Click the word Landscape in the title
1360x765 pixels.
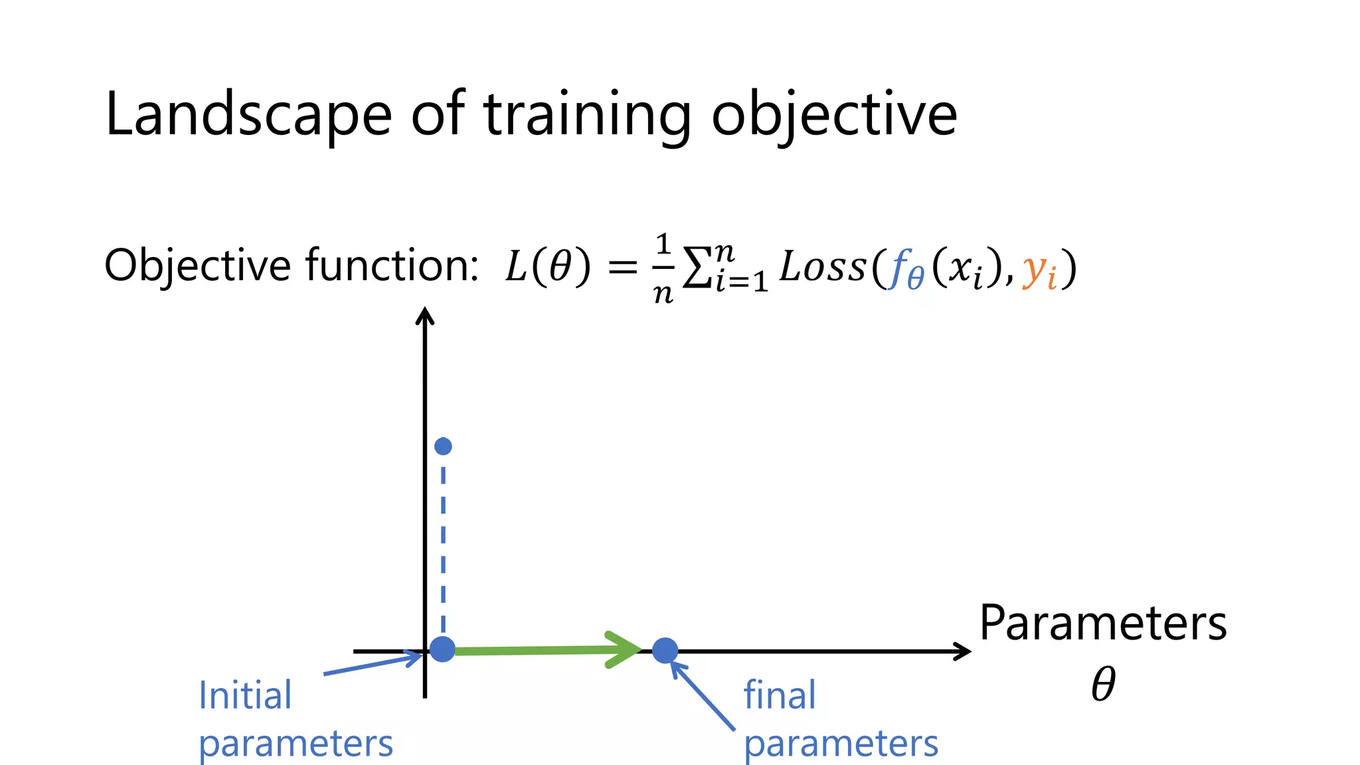pos(248,114)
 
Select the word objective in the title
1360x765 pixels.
pos(834,114)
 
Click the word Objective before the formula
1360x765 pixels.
pos(197,266)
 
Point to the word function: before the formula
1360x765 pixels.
pos(392,266)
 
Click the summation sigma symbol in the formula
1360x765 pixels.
pos(697,267)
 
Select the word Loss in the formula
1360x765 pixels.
pos(823,267)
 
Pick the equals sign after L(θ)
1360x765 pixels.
pos(622,268)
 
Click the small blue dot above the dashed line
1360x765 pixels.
pos(443,446)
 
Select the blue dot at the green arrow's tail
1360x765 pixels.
pos(443,649)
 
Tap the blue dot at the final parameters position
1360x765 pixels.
pos(665,651)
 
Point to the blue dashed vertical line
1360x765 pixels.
pos(443,545)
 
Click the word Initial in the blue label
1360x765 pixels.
pos(245,696)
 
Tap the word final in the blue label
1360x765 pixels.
pos(779,696)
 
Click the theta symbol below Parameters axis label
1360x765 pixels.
pos(1103,684)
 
